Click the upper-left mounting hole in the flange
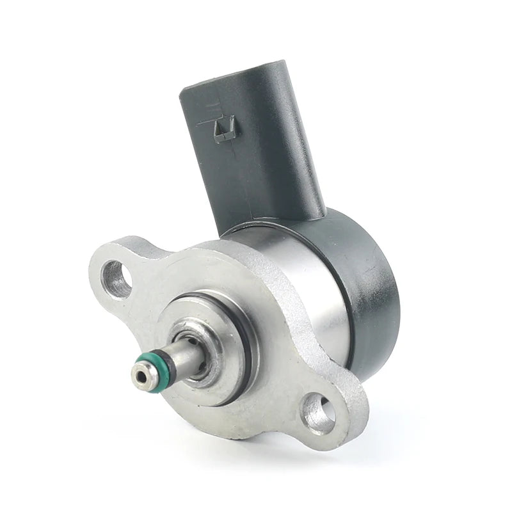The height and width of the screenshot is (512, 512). coord(117,278)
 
